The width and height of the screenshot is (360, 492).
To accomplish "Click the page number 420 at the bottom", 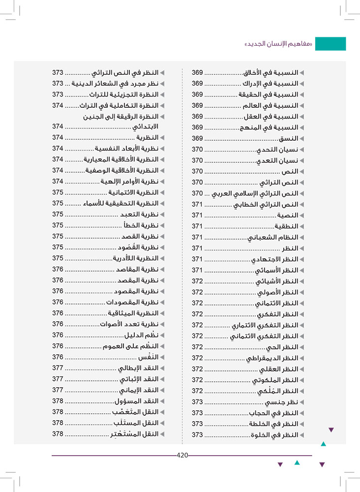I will coord(182,456).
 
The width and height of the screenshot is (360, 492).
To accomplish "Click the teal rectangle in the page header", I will coord(330,44).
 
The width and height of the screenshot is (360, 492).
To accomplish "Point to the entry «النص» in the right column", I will coord(290,172).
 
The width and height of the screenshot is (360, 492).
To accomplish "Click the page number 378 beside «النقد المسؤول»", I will coord(58,401).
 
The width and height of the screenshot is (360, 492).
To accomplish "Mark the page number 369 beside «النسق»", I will coord(198,138).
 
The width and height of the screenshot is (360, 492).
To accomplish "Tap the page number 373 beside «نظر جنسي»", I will coord(198,402).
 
